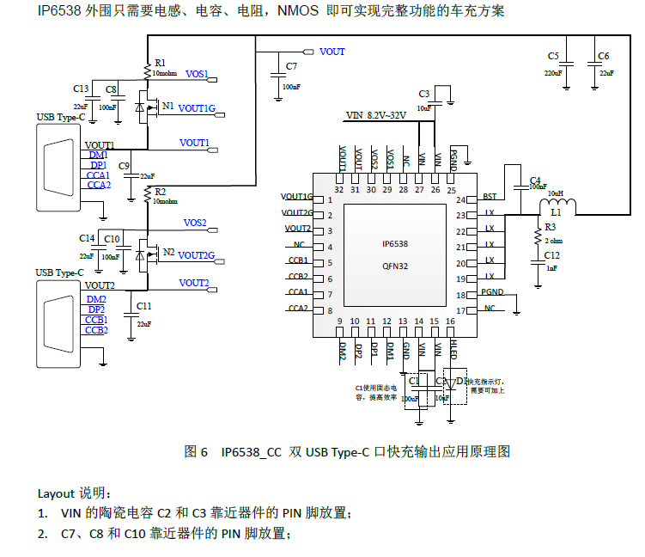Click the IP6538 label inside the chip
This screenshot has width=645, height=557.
coord(395,244)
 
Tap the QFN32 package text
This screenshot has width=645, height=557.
coord(395,266)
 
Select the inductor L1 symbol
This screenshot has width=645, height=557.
coord(557,205)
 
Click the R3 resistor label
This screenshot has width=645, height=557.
coord(550,228)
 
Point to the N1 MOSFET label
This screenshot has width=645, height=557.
coord(167,106)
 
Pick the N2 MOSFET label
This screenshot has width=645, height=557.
coord(168,252)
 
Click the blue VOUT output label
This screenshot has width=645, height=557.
coord(332,52)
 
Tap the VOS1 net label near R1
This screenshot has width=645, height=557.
coord(196,75)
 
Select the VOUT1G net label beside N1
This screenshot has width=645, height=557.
coord(199,108)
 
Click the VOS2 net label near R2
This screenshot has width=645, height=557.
coord(195,223)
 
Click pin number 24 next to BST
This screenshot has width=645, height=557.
coord(472,199)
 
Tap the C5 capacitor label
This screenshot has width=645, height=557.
coord(553,56)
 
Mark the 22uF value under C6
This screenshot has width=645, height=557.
coord(606,74)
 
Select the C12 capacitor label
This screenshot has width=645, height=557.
coord(552,255)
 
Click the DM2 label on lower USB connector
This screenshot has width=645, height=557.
coord(96,298)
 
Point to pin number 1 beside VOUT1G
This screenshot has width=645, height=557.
coord(330,199)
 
